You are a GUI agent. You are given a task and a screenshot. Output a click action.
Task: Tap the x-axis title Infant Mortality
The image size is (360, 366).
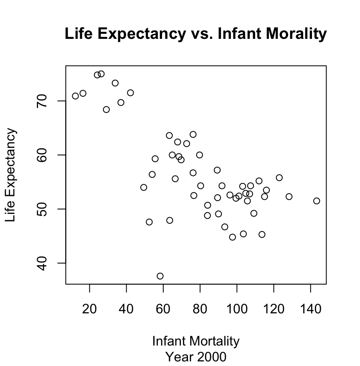196,341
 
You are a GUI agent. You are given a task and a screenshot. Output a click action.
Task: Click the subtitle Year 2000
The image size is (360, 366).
196,357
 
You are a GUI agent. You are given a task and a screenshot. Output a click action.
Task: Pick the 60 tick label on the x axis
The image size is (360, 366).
163,310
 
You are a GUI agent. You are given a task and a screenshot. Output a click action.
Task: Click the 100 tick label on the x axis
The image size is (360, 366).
237,310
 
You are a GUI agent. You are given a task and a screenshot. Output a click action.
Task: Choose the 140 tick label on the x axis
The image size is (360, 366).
311,310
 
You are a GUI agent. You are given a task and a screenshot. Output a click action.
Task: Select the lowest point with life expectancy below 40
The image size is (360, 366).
160,276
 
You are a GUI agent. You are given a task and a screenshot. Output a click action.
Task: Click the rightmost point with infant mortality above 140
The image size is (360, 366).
317,201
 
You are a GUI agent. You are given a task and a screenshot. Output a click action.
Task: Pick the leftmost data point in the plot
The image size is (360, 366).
76,96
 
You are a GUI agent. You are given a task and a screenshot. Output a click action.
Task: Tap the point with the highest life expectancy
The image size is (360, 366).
101,74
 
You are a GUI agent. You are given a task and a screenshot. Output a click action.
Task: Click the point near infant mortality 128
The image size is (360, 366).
289,196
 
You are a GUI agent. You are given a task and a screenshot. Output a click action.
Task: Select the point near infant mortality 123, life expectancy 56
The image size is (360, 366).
279,178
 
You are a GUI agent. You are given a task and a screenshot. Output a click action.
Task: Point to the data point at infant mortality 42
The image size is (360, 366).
130,93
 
